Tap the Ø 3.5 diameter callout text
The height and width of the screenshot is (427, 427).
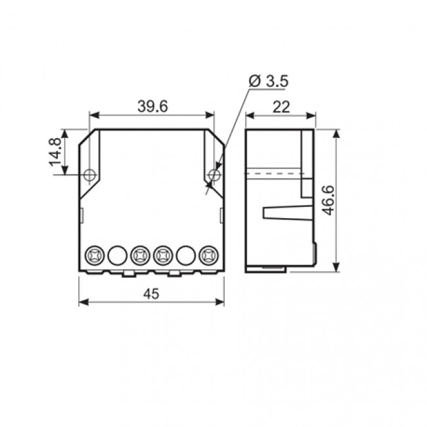[x=269, y=81]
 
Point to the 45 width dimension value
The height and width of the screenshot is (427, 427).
[x=151, y=295]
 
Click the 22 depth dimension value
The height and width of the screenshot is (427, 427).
[x=281, y=108]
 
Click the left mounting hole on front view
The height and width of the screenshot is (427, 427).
[x=90, y=174]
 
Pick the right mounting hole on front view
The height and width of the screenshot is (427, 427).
[x=213, y=174]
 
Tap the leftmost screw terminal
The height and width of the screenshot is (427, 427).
[x=94, y=254]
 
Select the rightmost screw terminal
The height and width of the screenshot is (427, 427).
[x=209, y=254]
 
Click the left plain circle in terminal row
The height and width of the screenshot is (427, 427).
[x=117, y=254]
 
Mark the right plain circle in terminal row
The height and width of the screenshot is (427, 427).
[x=186, y=254]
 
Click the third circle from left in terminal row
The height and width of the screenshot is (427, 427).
[x=140, y=254]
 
